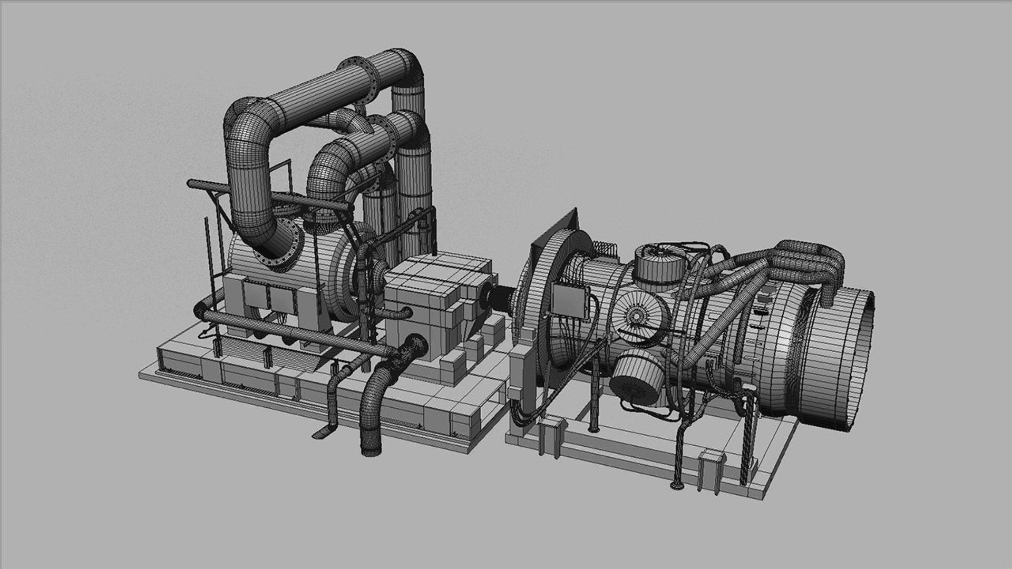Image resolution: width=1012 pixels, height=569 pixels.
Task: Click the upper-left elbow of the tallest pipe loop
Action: [x=248, y=113]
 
